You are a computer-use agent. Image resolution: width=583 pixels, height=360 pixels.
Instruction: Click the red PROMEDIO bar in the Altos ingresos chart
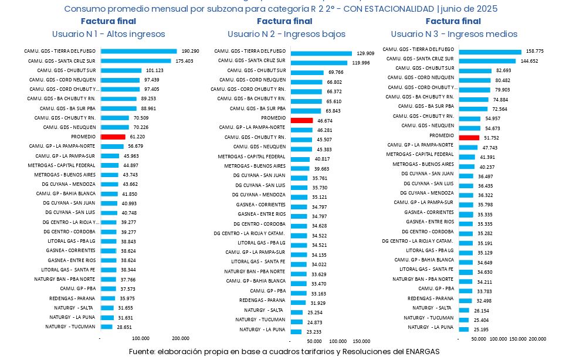point(109,137)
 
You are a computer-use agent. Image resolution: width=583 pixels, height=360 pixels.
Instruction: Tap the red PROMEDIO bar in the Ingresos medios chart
point(469,137)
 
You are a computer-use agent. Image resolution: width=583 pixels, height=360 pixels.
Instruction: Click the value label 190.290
point(191,51)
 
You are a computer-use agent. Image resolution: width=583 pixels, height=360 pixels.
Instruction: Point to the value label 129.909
point(365,53)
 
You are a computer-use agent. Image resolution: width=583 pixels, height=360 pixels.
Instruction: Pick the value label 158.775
point(535,52)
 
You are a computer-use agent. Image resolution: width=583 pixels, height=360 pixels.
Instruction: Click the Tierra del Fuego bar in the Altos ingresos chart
point(138,51)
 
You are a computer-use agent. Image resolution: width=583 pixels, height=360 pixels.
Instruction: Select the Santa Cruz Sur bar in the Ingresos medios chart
point(487,61)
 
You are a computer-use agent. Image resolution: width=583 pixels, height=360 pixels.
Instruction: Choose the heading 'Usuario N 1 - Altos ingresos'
point(109,34)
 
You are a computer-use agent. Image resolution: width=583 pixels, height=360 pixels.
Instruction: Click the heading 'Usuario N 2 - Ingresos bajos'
point(286,34)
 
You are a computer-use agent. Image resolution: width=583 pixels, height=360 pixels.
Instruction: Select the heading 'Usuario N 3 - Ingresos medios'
point(454,34)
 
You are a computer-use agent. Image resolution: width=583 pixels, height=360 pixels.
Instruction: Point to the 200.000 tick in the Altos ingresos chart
point(181,338)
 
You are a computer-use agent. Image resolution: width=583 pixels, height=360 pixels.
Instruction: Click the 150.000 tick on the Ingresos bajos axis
point(361,341)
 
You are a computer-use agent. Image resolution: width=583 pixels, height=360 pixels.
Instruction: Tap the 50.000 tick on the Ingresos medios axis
point(479,339)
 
